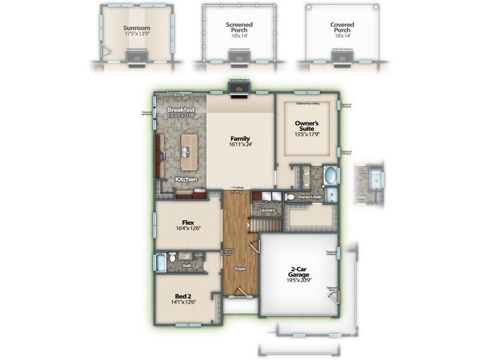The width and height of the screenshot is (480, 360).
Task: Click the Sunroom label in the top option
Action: coord(136,28)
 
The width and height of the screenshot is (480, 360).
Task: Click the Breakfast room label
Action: coord(181,110)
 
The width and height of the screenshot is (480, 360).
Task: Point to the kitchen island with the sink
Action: coord(188,152)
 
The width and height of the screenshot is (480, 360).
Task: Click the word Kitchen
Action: coord(187,179)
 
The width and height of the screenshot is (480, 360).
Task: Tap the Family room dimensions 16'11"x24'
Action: coord(240,145)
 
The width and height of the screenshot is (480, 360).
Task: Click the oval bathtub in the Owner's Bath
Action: coord(330,176)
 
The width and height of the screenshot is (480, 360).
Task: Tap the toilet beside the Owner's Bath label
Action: coord(290,197)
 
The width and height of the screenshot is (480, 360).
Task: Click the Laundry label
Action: coord(267,211)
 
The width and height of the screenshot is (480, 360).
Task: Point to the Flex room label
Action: coord(188,223)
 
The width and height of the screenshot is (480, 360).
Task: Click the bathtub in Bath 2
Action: coord(160,262)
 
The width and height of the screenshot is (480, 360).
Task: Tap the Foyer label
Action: coord(241,268)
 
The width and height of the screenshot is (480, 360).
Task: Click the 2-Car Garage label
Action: coord(298,274)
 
